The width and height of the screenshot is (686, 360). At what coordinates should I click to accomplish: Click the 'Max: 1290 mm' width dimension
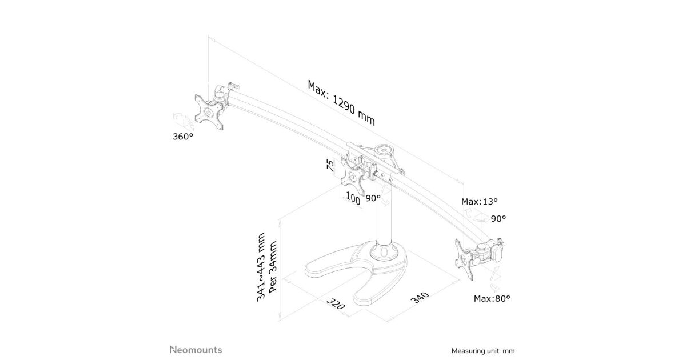pos(341,102)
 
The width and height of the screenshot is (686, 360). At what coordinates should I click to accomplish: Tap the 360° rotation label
pos(183,137)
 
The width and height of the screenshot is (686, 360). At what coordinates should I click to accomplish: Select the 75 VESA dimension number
pos(330,165)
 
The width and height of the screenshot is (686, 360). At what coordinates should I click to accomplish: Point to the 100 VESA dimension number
pos(353,199)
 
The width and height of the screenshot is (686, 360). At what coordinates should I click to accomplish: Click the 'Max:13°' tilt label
pos(480,201)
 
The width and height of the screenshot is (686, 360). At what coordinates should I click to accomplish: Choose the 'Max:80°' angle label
pos(492,298)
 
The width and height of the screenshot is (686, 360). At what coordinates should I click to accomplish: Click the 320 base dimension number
pos(336,303)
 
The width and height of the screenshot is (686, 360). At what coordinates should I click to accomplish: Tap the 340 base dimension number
pos(420,298)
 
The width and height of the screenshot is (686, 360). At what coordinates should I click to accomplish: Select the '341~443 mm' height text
pos(261,267)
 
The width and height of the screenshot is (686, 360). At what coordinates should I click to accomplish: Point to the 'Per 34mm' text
pos(272,267)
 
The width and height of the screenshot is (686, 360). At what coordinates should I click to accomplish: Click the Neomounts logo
pos(196,350)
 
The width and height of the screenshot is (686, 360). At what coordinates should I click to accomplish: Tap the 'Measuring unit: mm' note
pos(483,351)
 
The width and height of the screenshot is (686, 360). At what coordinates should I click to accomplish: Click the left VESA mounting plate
pos(209,113)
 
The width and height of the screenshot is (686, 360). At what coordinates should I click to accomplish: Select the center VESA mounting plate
pos(353,177)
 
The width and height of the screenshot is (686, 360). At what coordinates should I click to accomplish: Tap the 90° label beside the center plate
pos(373,198)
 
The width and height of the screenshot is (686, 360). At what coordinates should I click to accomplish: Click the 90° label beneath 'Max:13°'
pos(498,218)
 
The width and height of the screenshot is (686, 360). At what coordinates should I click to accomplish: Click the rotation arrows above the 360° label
pos(183,121)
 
